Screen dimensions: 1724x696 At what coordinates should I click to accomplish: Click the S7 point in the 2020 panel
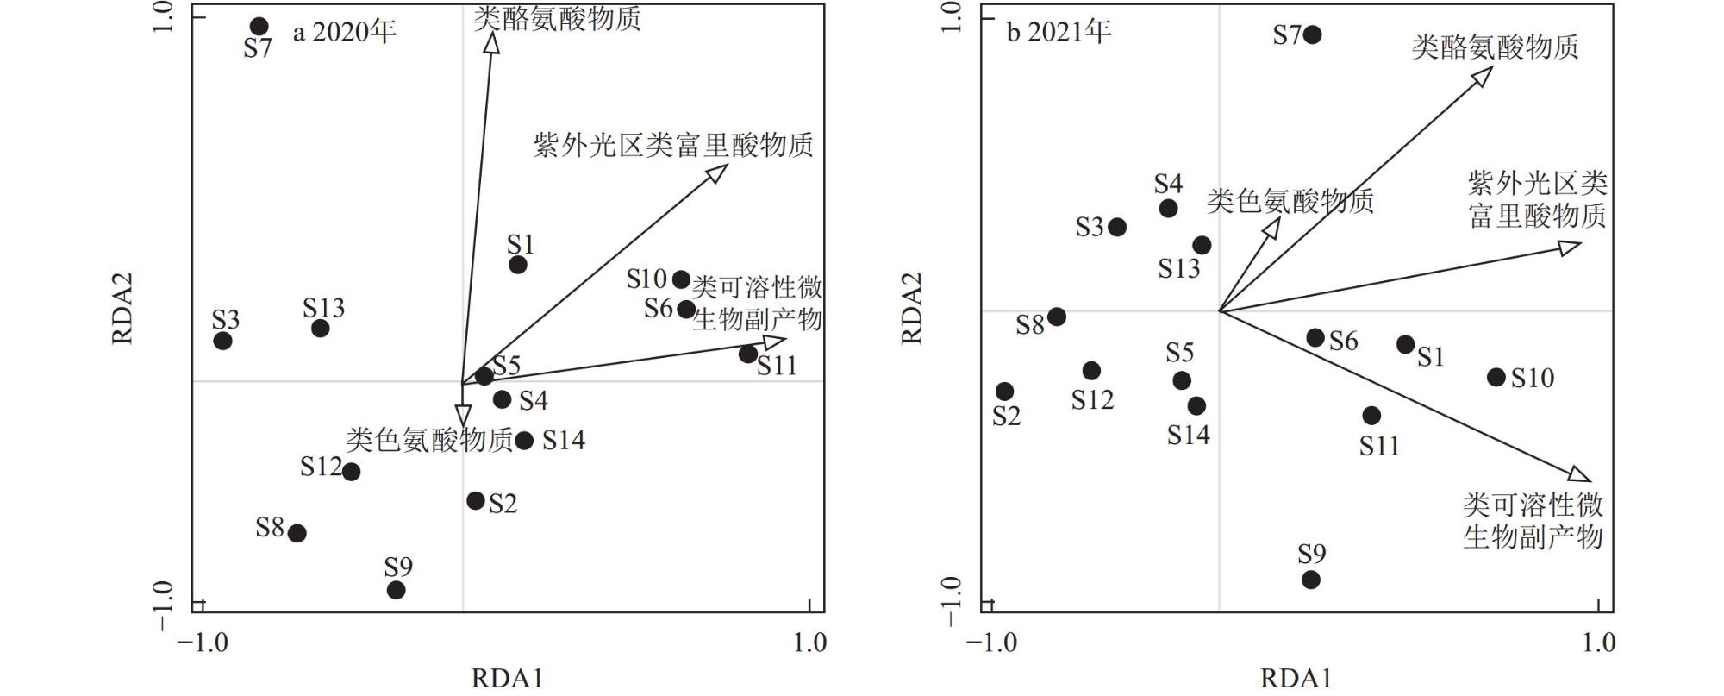259,27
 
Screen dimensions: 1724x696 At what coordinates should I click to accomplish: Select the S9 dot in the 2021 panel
1310,580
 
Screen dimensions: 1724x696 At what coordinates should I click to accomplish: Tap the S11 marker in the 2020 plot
747,354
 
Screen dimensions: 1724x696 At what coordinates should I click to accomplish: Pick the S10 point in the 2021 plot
1496,377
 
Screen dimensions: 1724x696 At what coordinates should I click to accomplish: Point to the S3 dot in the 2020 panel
222,341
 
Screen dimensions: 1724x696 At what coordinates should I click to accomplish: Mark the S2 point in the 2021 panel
1004,392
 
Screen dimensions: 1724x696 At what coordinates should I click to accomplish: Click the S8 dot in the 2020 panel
297,533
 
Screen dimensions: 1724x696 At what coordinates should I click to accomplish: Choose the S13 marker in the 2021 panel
1202,245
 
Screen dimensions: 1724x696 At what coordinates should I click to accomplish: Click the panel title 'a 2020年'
345,32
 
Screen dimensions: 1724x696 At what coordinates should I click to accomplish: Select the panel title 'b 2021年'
1059,32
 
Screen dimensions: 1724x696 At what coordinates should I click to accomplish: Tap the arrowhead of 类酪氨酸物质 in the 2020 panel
491,42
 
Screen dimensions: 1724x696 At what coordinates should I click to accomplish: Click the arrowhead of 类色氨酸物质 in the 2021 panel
1271,227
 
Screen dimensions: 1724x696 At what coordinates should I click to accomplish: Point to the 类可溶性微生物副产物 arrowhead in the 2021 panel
1579,473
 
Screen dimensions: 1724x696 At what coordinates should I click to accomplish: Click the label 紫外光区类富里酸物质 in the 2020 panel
673,144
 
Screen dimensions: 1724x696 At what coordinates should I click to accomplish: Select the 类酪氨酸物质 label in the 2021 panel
1495,47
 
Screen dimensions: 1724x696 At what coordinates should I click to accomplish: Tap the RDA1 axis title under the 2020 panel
507,678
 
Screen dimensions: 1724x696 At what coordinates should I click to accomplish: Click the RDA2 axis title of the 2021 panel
912,308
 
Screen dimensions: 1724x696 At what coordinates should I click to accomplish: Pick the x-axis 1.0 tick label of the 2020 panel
809,643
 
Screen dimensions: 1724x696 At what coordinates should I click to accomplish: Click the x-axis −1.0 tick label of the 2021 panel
991,643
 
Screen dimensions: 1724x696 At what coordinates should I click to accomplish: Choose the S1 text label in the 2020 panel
521,244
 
